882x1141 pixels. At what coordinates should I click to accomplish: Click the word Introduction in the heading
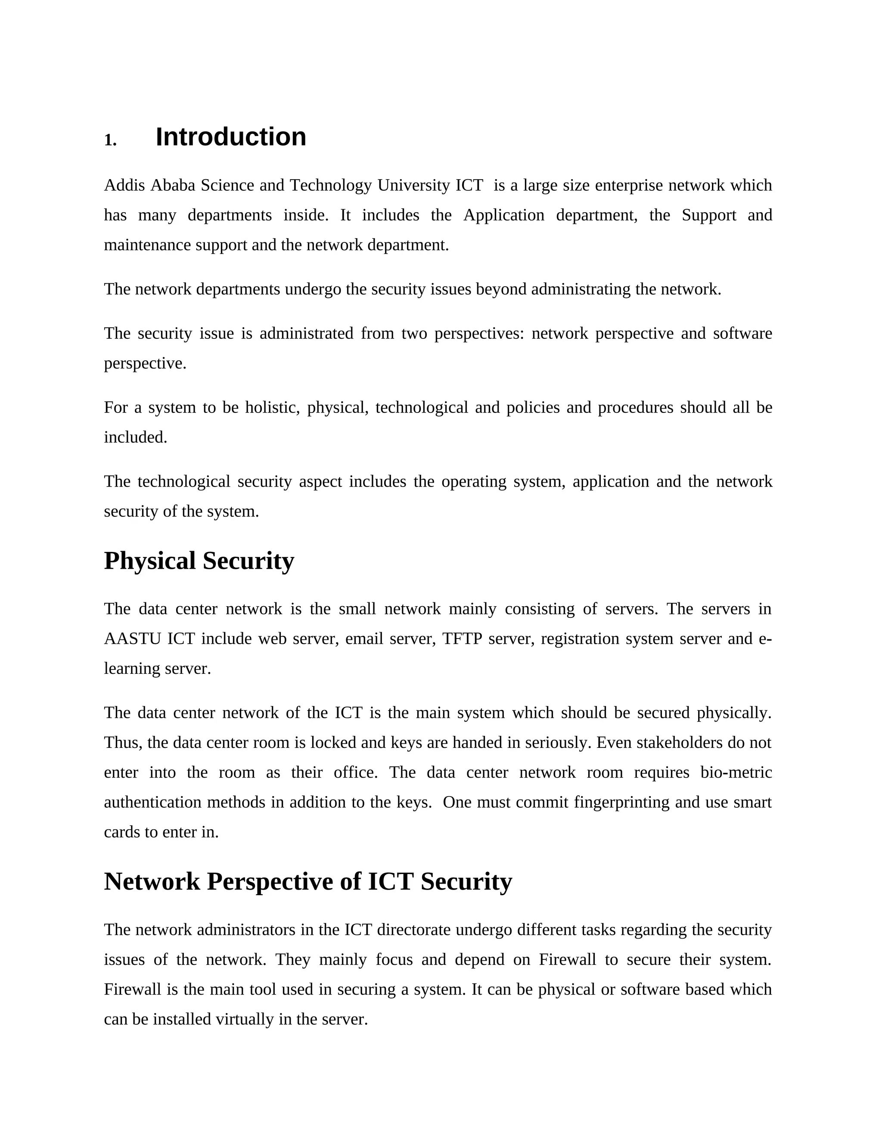[x=230, y=137]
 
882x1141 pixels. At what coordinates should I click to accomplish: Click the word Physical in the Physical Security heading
[x=150, y=561]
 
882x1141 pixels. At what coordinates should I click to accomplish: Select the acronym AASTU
[x=132, y=639]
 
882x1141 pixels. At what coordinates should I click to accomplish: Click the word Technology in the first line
[x=331, y=186]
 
